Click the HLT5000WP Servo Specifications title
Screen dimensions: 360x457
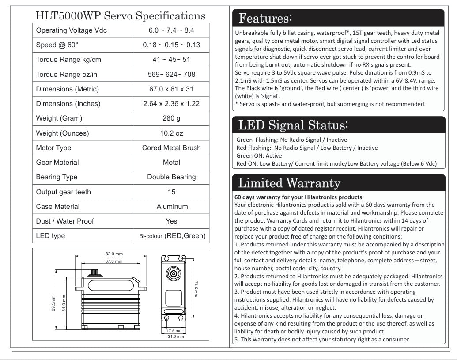pos(120,16)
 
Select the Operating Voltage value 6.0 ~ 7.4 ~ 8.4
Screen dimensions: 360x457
pos(171,30)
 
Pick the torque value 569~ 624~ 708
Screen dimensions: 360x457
pos(171,75)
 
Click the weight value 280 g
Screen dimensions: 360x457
pos(171,118)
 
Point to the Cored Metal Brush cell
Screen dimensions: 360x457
pos(171,148)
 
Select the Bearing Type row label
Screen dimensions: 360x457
pos(57,177)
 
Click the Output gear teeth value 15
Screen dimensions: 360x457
pos(171,192)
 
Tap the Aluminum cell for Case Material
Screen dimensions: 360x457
pos(172,207)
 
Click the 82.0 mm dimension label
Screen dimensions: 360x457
pos(113,254)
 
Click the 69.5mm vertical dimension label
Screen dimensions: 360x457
pos(53,303)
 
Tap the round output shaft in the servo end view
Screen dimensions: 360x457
pos(173,274)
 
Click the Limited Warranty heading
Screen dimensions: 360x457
pos(289,182)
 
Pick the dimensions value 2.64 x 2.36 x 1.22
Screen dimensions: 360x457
pos(171,104)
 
